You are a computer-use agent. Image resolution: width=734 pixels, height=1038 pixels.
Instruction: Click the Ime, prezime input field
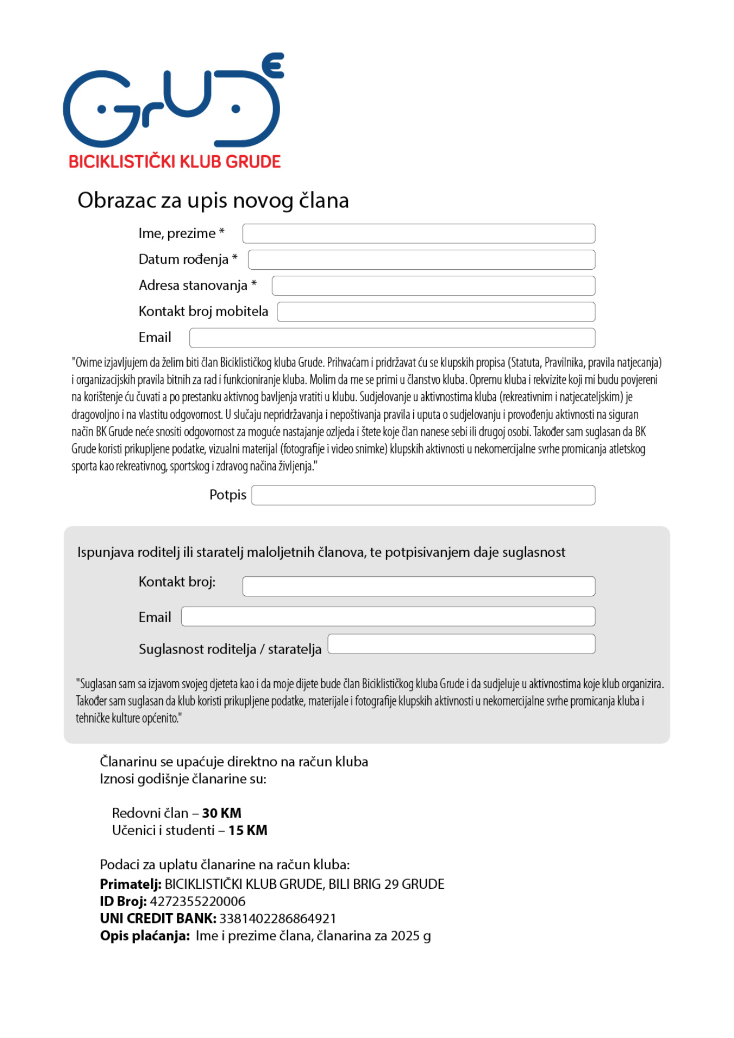[418, 234]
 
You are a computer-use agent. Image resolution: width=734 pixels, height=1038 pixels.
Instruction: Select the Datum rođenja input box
[421, 259]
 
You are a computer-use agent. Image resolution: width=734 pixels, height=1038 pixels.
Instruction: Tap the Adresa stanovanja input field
[433, 285]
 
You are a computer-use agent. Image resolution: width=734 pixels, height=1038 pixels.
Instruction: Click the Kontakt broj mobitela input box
[436, 312]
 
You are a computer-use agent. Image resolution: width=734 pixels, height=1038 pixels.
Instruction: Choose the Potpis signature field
[423, 495]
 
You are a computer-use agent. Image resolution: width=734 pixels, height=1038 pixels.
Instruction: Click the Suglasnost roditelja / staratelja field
[461, 644]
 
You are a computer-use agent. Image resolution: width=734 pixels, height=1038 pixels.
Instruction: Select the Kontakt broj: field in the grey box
[418, 586]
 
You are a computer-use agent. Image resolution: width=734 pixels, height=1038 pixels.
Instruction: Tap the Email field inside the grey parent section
[388, 616]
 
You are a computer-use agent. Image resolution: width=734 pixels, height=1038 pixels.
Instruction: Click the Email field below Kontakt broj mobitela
[392, 338]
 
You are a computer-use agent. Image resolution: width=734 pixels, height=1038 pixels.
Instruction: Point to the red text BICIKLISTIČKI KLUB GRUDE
[175, 162]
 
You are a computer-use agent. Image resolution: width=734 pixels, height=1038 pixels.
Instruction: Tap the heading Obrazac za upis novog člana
[213, 201]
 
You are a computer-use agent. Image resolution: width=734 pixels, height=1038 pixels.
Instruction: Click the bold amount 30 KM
[222, 813]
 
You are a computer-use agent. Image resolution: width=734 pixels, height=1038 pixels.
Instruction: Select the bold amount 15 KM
[248, 830]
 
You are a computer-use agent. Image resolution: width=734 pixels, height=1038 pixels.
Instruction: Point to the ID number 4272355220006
[197, 901]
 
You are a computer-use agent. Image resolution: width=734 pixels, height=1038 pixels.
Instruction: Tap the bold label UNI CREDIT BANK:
[158, 919]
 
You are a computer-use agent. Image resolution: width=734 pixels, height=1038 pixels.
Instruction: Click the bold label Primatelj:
[130, 884]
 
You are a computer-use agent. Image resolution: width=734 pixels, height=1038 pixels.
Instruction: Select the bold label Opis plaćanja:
[145, 936]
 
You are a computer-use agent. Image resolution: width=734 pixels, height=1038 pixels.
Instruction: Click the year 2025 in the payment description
[405, 936]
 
